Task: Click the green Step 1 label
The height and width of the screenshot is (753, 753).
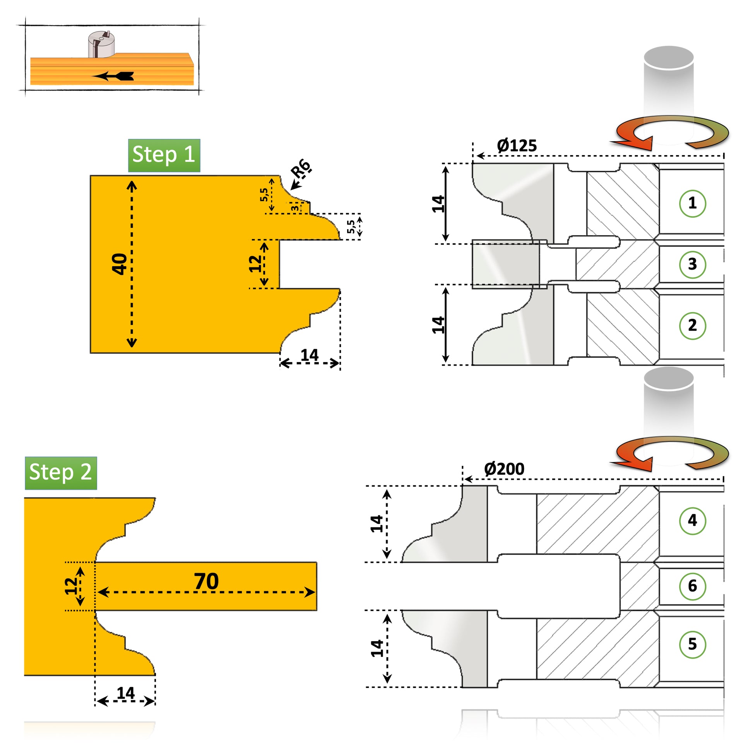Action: pos(164,155)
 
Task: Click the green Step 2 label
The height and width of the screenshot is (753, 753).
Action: pos(61,473)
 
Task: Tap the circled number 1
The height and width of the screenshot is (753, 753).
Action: pos(692,203)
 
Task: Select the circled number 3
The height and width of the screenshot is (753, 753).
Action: pos(692,264)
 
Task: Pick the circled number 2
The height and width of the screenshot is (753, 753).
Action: pos(692,325)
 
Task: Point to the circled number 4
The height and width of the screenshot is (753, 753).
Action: pos(692,520)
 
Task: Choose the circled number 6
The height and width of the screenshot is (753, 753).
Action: pos(692,586)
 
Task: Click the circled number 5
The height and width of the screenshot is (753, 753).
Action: pos(692,644)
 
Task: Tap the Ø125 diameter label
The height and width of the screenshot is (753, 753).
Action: pos(517,146)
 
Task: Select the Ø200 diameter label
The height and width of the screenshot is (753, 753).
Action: pos(504,469)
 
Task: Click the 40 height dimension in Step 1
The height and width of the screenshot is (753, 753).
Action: pos(119,264)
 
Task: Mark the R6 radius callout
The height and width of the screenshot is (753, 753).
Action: pos(301,168)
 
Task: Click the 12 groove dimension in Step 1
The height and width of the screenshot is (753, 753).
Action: pos(255,264)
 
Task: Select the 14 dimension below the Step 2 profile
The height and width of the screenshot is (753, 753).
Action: pos(125,693)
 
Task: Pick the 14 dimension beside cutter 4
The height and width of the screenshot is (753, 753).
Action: pos(376,524)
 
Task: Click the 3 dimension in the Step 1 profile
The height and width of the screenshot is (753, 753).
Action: pos(295,208)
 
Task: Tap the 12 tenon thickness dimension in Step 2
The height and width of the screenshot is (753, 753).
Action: pos(71,586)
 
